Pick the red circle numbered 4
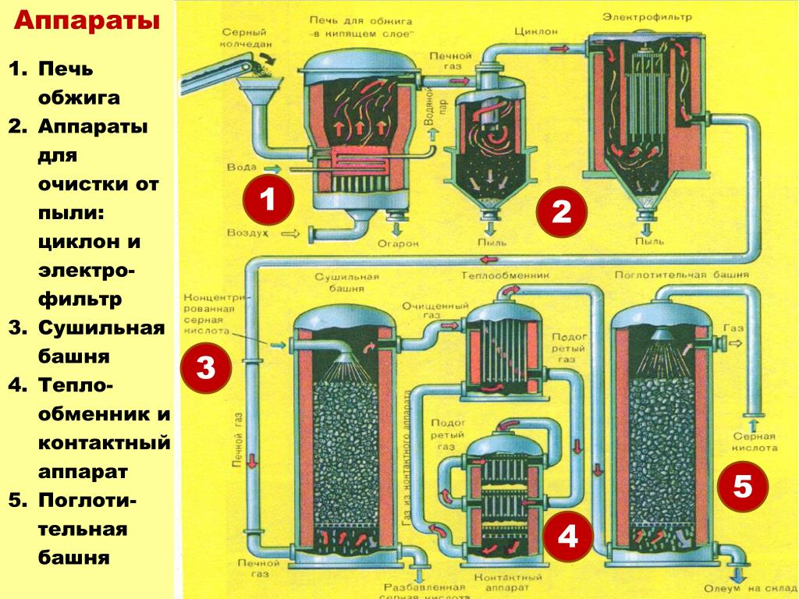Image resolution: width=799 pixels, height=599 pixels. tap(568, 537)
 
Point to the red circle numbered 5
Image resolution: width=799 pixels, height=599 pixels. tap(742, 488)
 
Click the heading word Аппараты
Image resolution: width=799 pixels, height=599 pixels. tap(87, 21)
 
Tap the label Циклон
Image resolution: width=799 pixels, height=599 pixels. tap(535, 31)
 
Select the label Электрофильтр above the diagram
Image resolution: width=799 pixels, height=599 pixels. tap(654, 16)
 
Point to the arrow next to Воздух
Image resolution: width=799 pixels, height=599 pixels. tap(290, 233)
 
